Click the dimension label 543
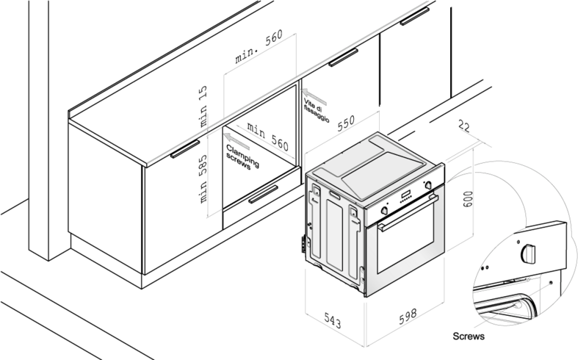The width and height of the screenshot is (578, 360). tap(333, 320)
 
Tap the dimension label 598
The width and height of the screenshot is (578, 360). tap(408, 316)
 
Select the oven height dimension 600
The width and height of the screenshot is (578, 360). tap(467, 199)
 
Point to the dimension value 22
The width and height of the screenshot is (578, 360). tap(464, 126)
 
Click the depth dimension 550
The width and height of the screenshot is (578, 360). tap(346, 123)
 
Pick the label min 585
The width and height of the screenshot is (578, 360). tap(203, 179)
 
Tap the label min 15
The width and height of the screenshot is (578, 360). tap(203, 107)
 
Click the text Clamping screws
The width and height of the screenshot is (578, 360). tap(242, 157)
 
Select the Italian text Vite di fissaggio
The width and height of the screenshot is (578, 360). tap(317, 110)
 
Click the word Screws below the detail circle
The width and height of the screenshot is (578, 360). tap(469, 336)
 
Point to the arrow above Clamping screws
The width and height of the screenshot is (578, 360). tap(237, 142)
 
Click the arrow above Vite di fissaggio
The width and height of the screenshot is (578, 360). tap(314, 97)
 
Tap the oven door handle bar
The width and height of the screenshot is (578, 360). tap(408, 213)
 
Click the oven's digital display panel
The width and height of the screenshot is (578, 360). tap(407, 194)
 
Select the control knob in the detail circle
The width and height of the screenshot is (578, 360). tap(528, 253)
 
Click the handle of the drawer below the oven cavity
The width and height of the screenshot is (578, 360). tap(263, 195)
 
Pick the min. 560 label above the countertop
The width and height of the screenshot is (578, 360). tap(259, 46)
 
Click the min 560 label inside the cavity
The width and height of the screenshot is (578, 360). tap(268, 137)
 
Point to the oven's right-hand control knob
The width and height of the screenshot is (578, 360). tap(428, 185)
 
